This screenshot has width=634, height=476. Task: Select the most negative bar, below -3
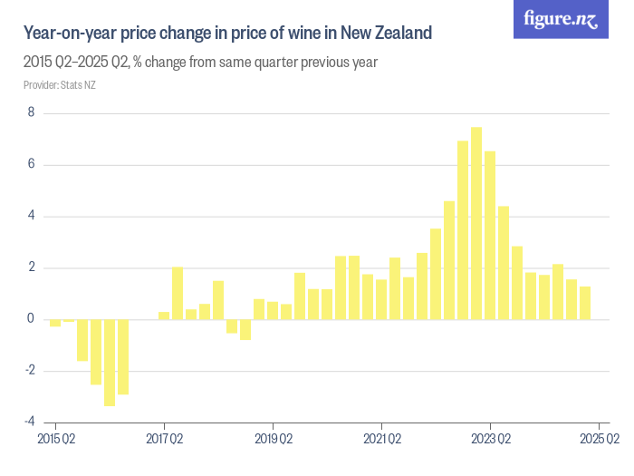(x=110, y=362)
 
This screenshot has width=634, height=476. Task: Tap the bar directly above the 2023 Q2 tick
(x=490, y=235)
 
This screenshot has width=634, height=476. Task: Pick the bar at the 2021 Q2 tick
(x=381, y=299)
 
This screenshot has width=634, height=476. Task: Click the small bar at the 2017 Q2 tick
(x=164, y=316)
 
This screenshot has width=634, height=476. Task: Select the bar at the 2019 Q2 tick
(x=273, y=310)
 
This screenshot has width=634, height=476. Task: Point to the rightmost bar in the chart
(x=585, y=303)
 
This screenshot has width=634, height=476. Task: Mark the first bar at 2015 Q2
(x=55, y=323)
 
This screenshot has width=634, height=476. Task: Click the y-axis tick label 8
(x=31, y=113)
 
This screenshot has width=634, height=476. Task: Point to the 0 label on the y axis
(x=31, y=319)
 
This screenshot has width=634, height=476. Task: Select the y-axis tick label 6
(x=31, y=165)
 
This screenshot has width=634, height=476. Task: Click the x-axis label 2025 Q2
(x=600, y=440)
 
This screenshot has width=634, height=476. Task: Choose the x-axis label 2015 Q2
(x=55, y=440)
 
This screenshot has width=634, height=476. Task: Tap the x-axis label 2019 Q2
(x=273, y=440)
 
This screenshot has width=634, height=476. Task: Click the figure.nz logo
(x=561, y=19)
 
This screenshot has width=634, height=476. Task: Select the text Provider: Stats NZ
(x=60, y=85)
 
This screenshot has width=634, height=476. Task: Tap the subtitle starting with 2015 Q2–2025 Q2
(x=200, y=63)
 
